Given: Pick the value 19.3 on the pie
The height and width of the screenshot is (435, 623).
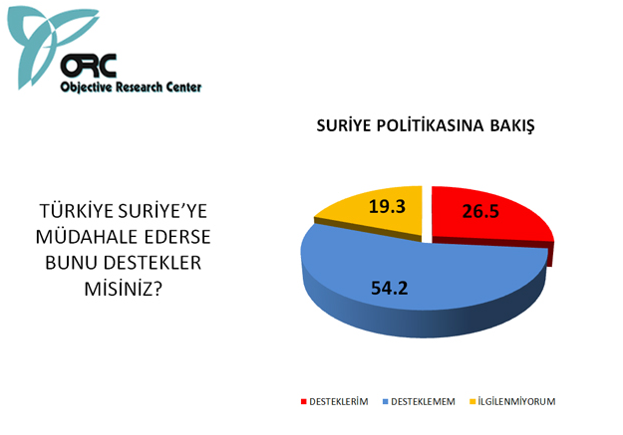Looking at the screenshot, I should [x=384, y=209].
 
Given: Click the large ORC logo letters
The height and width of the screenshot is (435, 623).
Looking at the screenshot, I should [x=90, y=65].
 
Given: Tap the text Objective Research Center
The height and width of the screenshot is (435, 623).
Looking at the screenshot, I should [x=132, y=88].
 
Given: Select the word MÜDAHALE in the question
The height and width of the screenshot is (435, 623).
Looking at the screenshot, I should [x=87, y=237].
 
